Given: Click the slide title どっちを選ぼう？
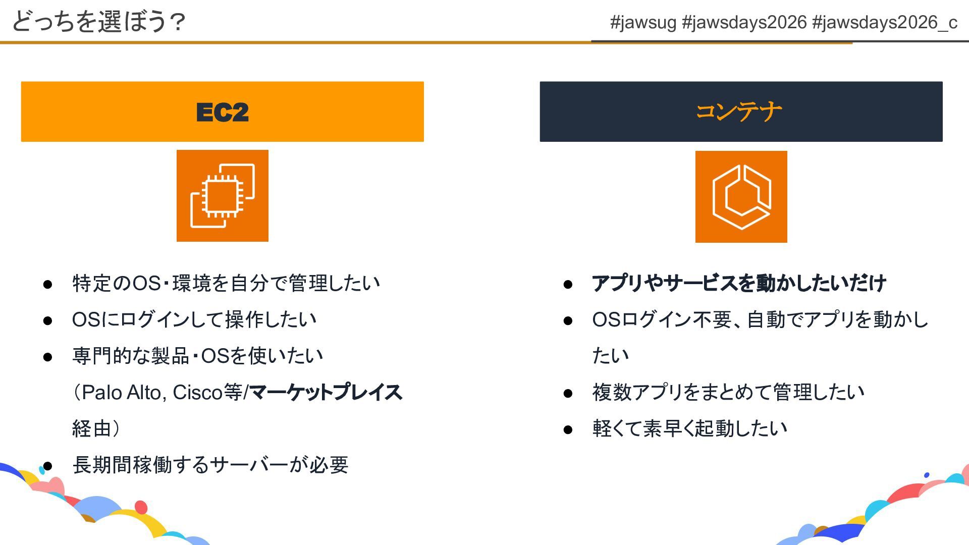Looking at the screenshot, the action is pyautogui.click(x=99, y=22).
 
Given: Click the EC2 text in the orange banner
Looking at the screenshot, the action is pyautogui.click(x=222, y=112).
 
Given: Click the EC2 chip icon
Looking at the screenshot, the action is pyautogui.click(x=222, y=196).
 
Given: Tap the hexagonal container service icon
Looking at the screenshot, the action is pyautogui.click(x=741, y=197).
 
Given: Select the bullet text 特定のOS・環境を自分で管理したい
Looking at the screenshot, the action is pyautogui.click(x=226, y=283).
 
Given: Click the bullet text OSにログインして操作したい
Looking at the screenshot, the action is pyautogui.click(x=194, y=319).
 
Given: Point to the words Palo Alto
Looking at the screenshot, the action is pyautogui.click(x=121, y=392).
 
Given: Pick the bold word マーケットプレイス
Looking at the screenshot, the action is pyautogui.click(x=326, y=392).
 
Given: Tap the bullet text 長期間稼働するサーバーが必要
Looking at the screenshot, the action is pyautogui.click(x=210, y=465).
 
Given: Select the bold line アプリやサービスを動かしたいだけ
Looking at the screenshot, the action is pyautogui.click(x=738, y=283).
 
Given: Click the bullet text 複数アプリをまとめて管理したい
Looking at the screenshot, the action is pyautogui.click(x=728, y=392).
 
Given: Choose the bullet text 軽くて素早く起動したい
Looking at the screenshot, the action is pyautogui.click(x=689, y=428).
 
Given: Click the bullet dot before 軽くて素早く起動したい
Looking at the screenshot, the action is pyautogui.click(x=568, y=429).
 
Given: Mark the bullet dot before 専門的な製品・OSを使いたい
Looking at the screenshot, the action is pyautogui.click(x=48, y=357).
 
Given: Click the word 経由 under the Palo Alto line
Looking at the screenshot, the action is pyautogui.click(x=91, y=428).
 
